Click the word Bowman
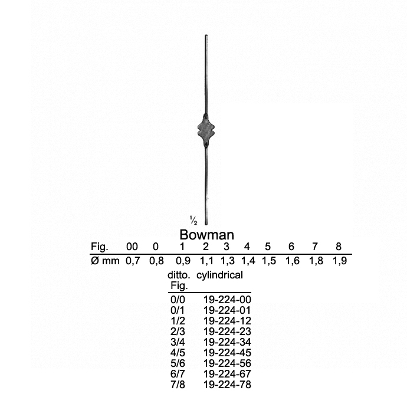[206, 235]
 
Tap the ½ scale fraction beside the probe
[193, 220]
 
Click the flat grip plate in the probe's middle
[206, 130]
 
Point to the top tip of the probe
[206, 35]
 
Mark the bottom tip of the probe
[206, 225]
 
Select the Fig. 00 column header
[132, 247]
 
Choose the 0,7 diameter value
[133, 261]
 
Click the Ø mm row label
[105, 261]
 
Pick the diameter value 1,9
[340, 261]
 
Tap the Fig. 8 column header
[339, 247]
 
